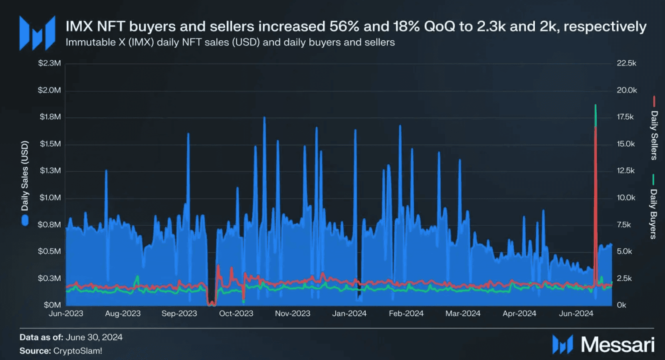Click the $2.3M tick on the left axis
(49, 63)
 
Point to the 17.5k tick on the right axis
(625, 117)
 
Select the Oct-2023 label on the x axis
(236, 314)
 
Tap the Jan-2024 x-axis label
(349, 314)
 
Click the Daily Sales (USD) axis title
(25, 176)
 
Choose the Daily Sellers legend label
(654, 135)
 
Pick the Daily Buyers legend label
(654, 214)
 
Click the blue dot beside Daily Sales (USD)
(25, 220)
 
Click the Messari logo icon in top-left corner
(37, 34)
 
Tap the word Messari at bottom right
(617, 344)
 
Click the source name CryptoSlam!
(77, 351)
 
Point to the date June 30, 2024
(94, 337)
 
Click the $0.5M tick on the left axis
(49, 251)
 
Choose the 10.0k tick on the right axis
(626, 198)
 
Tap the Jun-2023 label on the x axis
(66, 314)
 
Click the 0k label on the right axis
(621, 305)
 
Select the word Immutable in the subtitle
(90, 42)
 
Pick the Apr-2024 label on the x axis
(519, 314)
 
